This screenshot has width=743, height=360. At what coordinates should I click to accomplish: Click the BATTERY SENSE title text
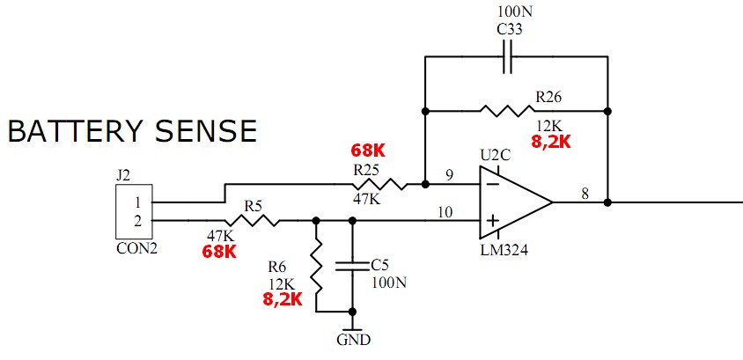point(132,131)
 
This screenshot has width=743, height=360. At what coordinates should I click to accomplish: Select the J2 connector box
point(138,210)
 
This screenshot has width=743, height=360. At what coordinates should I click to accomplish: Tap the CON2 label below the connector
point(136,248)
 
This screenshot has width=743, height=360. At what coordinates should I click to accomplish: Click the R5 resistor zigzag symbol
point(253,221)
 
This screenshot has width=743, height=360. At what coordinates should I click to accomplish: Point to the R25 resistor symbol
point(379,185)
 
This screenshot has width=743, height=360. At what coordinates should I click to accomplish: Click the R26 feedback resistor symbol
point(506,111)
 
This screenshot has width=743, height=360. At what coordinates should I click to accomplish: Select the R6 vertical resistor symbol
point(315,268)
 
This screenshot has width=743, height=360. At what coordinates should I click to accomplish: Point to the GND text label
point(353,340)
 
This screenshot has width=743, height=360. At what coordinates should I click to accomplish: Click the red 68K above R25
point(368,151)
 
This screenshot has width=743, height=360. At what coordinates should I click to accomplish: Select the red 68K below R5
point(219,252)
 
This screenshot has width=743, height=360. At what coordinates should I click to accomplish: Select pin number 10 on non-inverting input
point(445,212)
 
